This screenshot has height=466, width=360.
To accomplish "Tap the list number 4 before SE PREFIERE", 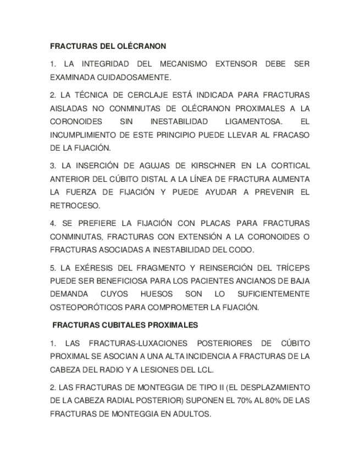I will [53, 224].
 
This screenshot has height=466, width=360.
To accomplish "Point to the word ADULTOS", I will [192, 414].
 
